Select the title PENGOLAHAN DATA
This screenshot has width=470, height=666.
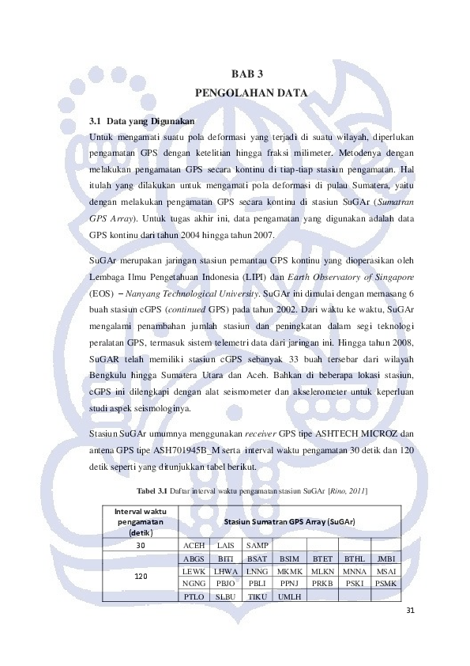[250, 93]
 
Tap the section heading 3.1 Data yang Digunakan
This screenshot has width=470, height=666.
[141, 122]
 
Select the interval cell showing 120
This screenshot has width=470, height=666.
[141, 576]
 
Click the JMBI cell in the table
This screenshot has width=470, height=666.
[386, 558]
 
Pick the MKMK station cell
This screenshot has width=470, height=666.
[290, 570]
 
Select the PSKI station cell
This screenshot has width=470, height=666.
[354, 583]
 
